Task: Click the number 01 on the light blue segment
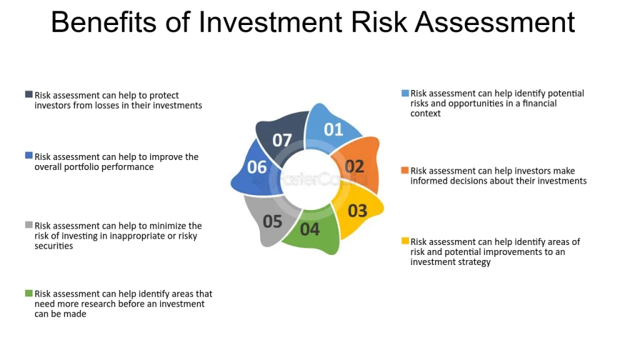334,129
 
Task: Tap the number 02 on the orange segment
354,166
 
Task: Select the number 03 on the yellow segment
357,211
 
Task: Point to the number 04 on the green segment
310,229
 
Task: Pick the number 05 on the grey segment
272,221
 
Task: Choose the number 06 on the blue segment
257,167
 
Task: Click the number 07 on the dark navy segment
282,141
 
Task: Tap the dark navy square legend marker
29,94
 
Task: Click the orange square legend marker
405,170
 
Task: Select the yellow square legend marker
405,241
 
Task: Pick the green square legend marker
29,293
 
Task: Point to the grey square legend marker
29,225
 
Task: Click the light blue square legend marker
405,93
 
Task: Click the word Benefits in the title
104,22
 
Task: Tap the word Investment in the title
270,22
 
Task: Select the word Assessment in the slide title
495,22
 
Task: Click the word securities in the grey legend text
54,246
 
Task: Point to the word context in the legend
425,114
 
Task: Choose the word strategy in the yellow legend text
476,262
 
